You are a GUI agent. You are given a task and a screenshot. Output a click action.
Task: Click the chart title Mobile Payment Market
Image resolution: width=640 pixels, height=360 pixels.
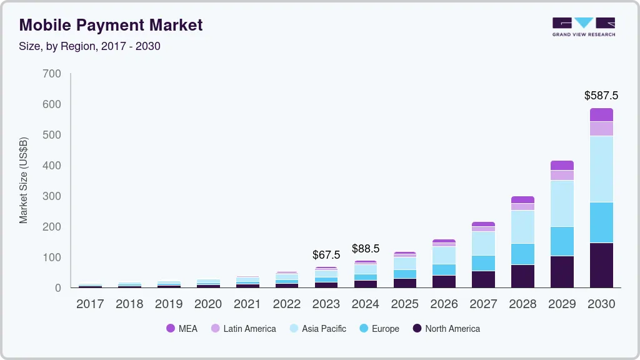pos(111,25)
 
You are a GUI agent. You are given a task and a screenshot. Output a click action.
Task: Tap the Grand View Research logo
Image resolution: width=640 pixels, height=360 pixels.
pos(583,26)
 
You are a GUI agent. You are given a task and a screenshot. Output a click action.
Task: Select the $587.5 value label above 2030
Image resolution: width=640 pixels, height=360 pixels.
pos(601,96)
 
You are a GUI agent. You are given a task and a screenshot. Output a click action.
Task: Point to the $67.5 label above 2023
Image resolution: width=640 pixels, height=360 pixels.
pos(326,255)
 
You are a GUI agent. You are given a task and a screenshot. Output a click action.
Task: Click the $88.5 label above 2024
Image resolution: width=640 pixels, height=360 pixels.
pos(366,248)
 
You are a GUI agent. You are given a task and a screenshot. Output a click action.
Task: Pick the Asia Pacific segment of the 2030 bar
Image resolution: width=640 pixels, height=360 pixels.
pos(601,169)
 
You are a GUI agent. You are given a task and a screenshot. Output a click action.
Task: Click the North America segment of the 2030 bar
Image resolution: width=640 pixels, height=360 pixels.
pos(601,265)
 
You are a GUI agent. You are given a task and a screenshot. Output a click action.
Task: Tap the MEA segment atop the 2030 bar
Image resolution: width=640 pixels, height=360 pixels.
pos(601,114)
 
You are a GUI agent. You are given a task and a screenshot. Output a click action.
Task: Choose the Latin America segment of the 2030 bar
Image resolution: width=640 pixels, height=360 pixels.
pos(601,128)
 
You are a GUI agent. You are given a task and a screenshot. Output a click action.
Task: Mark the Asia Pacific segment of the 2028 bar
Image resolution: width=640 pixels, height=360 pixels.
pos(522,226)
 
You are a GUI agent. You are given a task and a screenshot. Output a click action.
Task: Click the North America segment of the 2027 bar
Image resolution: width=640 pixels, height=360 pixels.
pos(483,279)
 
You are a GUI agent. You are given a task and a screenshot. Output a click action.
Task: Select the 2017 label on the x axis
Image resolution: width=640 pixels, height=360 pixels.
pos(90,304)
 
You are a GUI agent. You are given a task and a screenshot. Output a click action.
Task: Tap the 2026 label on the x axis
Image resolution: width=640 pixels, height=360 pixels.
pos(444,304)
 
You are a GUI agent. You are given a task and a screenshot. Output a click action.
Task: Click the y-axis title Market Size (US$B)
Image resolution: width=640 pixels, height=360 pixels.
pos(24,180)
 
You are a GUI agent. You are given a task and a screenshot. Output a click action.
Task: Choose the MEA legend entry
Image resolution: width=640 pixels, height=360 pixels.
pos(182,328)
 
